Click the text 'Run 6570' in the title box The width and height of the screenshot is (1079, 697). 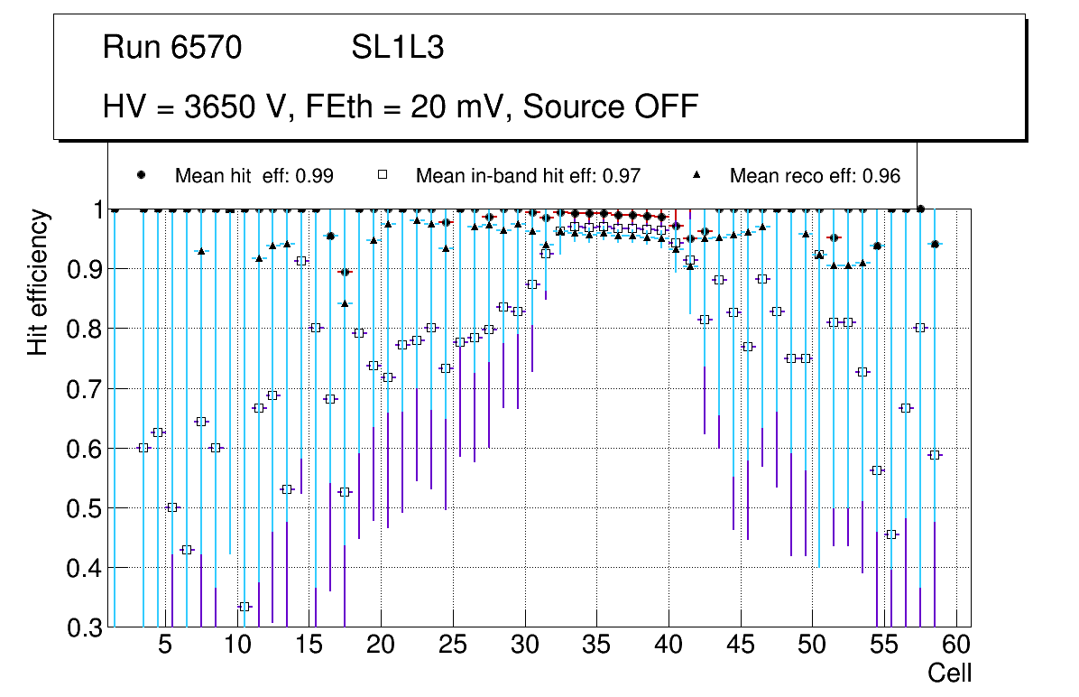pos(172,48)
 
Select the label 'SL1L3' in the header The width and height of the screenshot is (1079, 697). pos(397,48)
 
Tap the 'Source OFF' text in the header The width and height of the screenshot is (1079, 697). pos(610,107)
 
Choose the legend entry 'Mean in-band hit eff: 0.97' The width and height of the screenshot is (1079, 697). pos(528,176)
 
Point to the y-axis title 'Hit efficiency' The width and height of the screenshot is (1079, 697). pos(38,282)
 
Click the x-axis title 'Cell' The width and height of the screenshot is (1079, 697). pos(950,673)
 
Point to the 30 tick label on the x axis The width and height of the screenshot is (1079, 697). pos(524,646)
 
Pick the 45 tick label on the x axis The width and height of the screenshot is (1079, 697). pos(741,646)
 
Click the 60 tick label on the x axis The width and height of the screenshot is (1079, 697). pos(956,646)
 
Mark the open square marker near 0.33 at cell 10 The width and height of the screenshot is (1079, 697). pos(244,607)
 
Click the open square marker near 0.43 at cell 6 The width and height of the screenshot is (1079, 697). pos(187,550)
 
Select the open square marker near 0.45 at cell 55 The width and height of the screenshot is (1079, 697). pos(891,534)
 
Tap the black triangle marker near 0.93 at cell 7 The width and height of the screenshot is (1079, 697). pos(201,251)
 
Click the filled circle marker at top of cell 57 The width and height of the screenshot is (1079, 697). pos(920,209)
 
